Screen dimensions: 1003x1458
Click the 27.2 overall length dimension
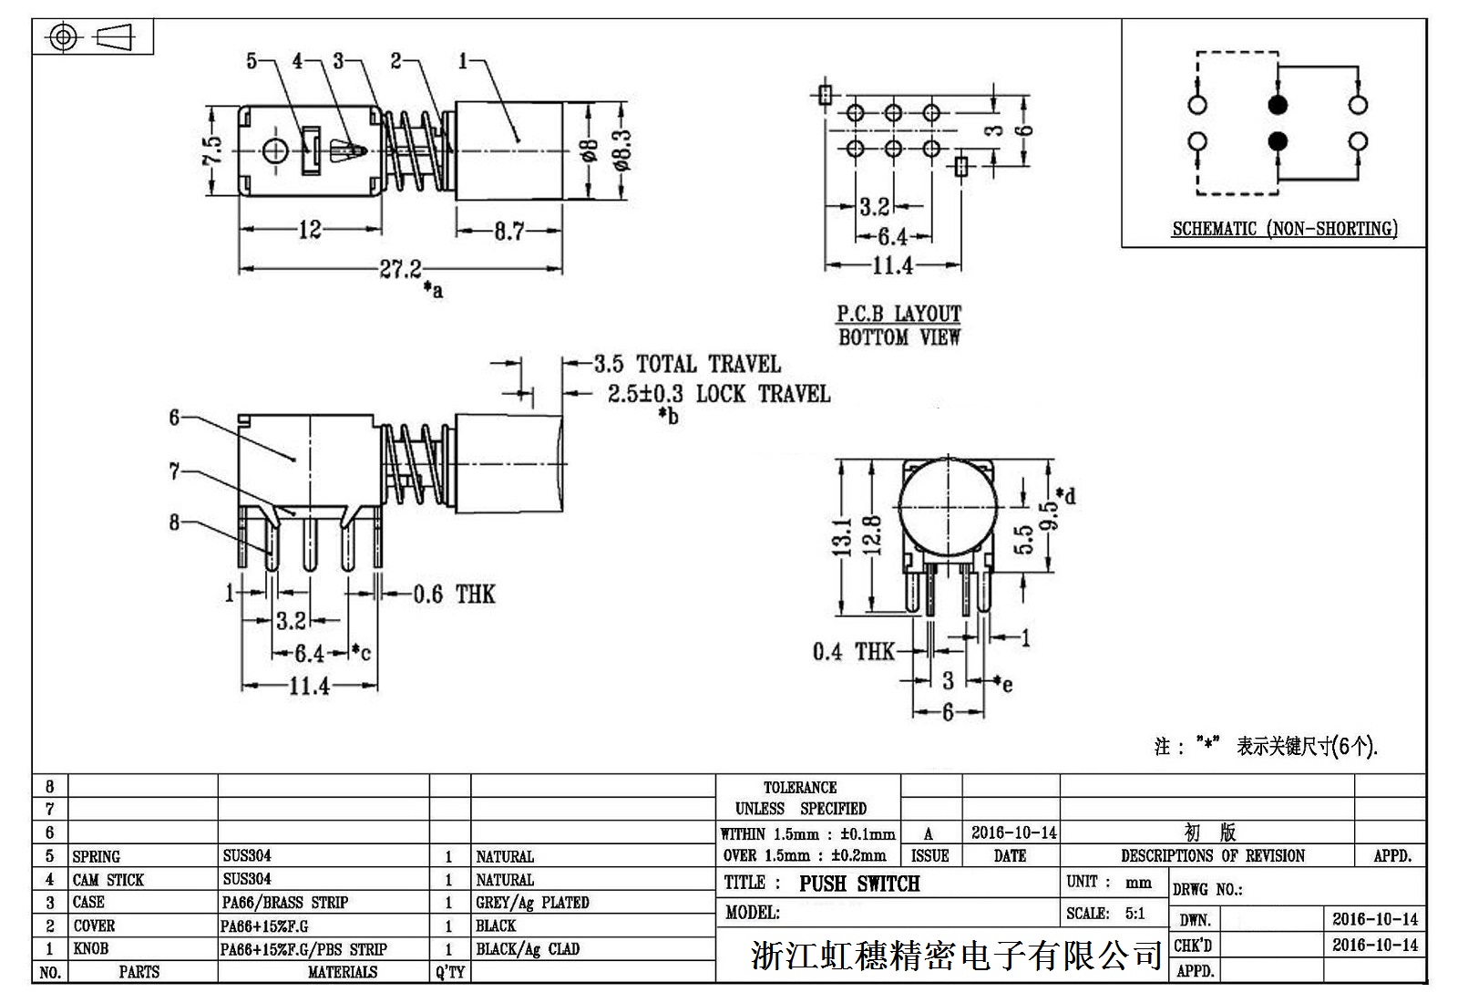[x=401, y=269]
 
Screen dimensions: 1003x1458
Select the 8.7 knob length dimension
[x=509, y=232]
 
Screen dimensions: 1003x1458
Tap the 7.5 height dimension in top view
[x=211, y=151]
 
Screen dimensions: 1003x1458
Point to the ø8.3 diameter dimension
[x=622, y=151]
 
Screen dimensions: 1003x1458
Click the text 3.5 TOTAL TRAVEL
[x=687, y=365]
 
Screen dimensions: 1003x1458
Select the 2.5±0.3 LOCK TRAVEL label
[x=719, y=394]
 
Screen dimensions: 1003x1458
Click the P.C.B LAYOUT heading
[x=898, y=314]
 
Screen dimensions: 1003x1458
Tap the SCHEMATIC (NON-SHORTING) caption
[x=1284, y=229]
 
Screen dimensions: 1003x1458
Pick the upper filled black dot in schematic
[x=1278, y=105]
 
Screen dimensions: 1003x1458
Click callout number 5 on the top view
[x=252, y=61]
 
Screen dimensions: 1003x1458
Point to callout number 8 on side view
[x=174, y=522]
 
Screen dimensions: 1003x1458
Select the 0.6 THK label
[x=454, y=595]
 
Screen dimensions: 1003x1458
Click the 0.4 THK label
[x=853, y=651]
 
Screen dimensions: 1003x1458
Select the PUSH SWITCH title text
[x=859, y=884]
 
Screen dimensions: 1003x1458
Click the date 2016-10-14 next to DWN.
[x=1374, y=919]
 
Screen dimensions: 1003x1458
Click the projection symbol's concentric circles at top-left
[x=63, y=37]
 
